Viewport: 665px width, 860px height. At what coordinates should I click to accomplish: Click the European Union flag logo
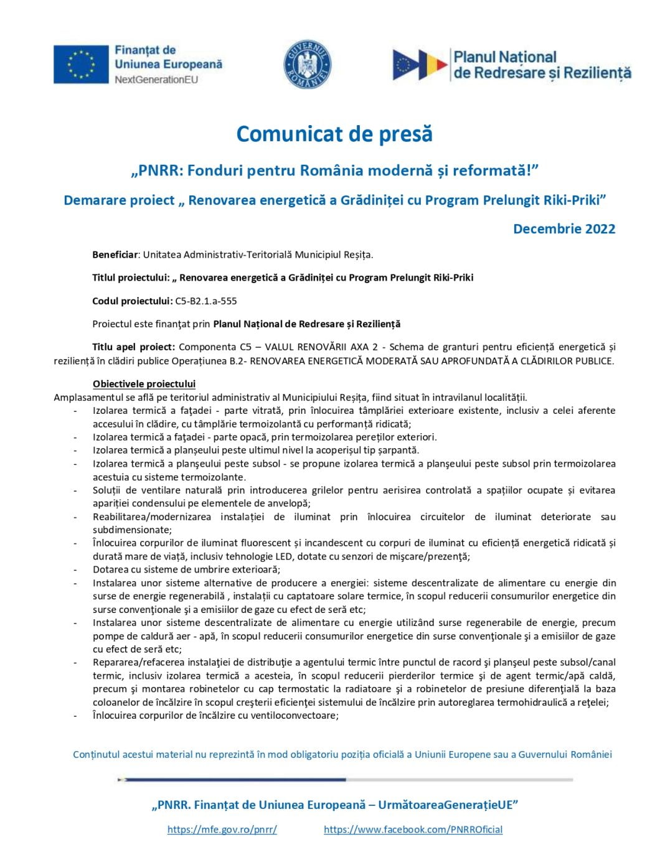click(81, 64)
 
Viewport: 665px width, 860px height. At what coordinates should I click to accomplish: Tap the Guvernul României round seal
click(307, 65)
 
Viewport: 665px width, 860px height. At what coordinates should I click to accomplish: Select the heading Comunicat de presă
click(334, 134)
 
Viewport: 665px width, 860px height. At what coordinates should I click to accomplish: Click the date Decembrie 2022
click(564, 229)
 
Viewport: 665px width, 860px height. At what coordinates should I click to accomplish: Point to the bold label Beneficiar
click(115, 255)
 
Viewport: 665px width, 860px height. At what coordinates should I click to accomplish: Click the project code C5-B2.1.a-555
click(206, 301)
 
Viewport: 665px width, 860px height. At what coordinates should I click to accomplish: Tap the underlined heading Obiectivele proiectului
click(144, 384)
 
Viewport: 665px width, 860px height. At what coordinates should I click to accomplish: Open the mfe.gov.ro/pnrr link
click(222, 830)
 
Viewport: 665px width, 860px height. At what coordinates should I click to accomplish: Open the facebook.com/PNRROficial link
click(413, 830)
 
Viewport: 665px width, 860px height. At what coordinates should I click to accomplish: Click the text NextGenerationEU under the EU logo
click(156, 80)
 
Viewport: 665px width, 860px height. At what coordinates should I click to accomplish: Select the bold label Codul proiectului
click(132, 301)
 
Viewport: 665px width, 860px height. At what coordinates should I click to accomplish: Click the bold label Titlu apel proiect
click(133, 347)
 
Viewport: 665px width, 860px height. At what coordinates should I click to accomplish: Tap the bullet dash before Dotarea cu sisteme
click(75, 570)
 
